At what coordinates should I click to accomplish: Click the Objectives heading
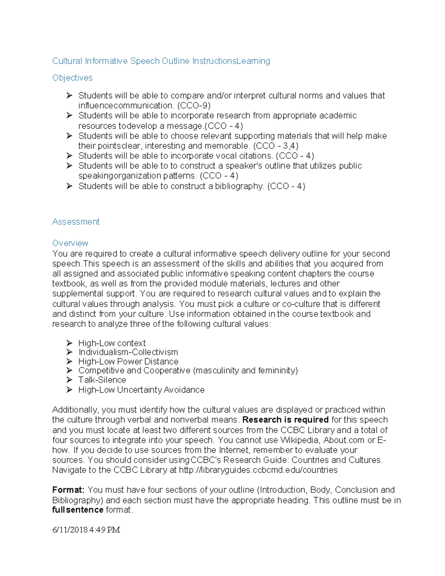tap(72, 78)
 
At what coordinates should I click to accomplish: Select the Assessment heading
tap(76, 222)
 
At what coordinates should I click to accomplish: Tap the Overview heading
tap(70, 243)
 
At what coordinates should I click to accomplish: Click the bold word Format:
tap(68, 490)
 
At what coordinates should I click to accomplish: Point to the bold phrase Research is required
tap(286, 420)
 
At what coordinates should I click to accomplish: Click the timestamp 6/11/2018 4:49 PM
tap(86, 530)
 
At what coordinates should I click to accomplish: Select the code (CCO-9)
tap(194, 106)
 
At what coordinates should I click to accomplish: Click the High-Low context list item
tap(112, 343)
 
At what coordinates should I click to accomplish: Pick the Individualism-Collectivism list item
tap(128, 352)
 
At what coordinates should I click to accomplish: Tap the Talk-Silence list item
tap(102, 380)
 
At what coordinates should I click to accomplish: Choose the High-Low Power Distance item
tap(128, 362)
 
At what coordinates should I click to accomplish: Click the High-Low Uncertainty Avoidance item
tap(141, 390)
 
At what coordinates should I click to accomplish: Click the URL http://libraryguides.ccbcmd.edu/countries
tap(258, 470)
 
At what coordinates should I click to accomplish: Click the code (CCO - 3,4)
tap(276, 146)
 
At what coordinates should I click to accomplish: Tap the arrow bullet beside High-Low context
tap(69, 343)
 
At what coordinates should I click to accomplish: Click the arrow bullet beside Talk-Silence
tap(69, 380)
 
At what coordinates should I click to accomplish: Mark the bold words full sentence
tap(78, 510)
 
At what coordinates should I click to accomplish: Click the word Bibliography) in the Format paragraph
tap(77, 500)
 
